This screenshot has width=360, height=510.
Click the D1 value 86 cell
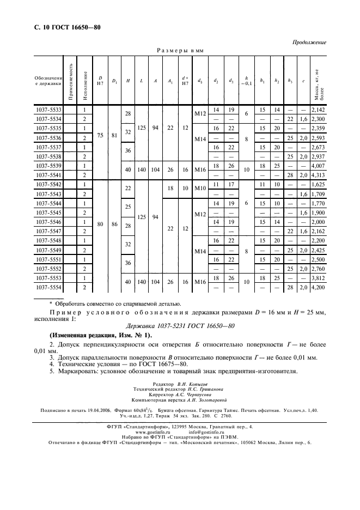[x=114, y=224]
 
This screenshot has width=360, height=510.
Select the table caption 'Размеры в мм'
[x=180, y=50]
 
